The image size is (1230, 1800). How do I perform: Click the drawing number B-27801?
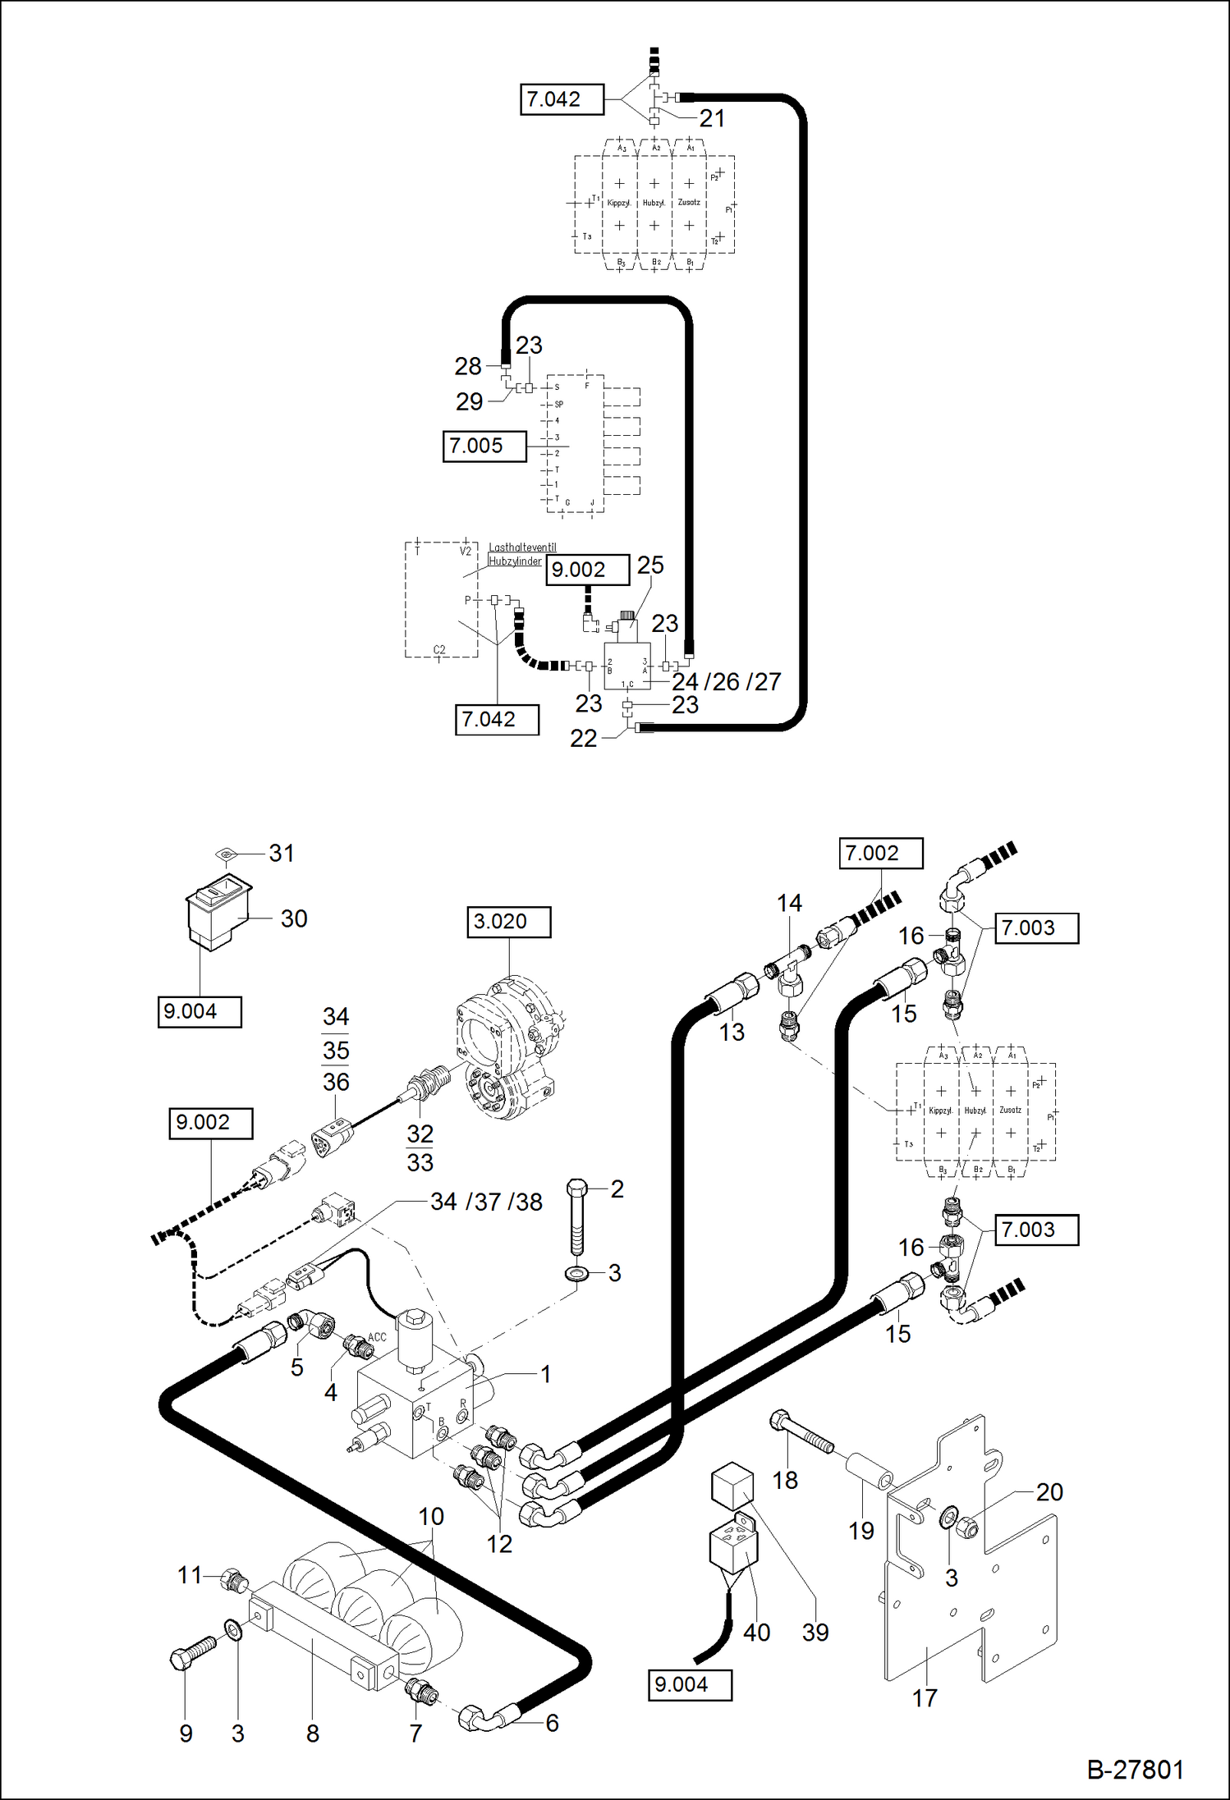point(1135,1769)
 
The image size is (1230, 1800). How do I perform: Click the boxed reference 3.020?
point(508,922)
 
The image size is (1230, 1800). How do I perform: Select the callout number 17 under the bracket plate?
point(925,1698)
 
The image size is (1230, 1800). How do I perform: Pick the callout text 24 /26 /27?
point(726,682)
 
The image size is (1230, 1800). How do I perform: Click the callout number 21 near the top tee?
point(712,119)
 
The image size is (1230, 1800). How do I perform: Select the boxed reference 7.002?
point(880,854)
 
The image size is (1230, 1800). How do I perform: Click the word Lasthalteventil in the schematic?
point(522,547)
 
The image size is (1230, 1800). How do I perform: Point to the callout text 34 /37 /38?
point(486,1202)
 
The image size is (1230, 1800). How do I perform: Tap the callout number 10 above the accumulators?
point(431,1517)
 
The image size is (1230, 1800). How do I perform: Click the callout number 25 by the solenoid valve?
point(649,566)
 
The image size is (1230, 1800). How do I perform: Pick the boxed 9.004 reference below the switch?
point(200,1012)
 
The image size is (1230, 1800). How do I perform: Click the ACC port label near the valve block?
point(377,1337)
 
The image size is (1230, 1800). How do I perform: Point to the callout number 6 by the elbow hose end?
point(552,1723)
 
